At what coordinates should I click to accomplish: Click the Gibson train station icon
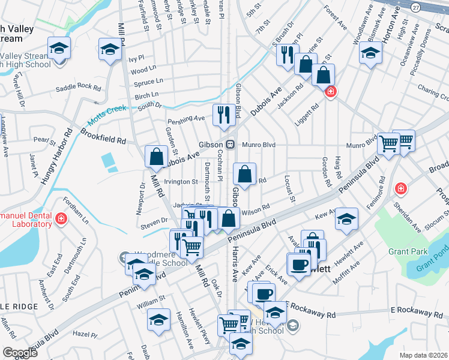[x=230, y=145]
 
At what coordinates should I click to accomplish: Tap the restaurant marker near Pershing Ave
[x=224, y=114]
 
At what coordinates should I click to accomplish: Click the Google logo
[x=20, y=353]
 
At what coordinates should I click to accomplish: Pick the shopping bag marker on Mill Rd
[x=156, y=157]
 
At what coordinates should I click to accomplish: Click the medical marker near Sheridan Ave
[x=400, y=190]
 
